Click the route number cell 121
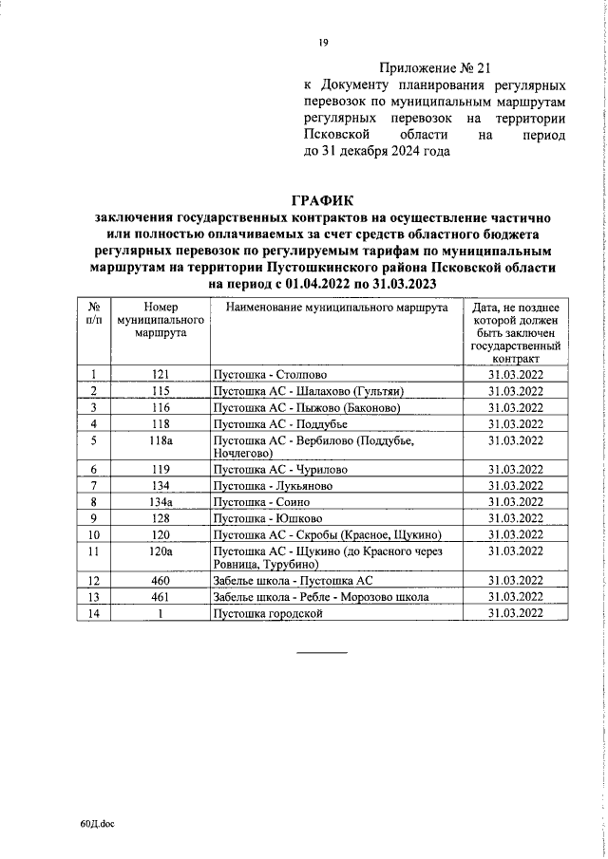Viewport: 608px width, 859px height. click(x=160, y=375)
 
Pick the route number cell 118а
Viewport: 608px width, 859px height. click(x=160, y=440)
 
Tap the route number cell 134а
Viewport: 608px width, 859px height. click(x=160, y=501)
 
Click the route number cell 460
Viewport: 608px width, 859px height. click(x=160, y=581)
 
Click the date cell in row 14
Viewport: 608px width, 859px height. click(x=515, y=613)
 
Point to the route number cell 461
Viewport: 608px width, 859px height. click(x=160, y=597)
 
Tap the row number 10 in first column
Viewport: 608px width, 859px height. click(x=94, y=533)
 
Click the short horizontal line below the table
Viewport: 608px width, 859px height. click(x=324, y=652)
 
